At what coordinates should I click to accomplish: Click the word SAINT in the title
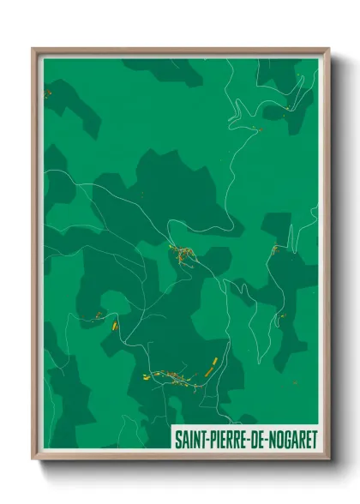pos(190,439)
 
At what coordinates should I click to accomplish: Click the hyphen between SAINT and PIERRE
pos(207,440)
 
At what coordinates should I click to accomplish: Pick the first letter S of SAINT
pos(177,439)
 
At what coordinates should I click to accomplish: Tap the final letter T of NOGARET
pos(314,439)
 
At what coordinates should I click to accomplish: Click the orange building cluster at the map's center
pos(182,253)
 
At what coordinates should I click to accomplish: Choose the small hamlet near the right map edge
pos(275,249)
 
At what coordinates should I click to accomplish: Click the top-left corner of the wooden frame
pos(33,49)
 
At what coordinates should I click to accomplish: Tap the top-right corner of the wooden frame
pos(328,49)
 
